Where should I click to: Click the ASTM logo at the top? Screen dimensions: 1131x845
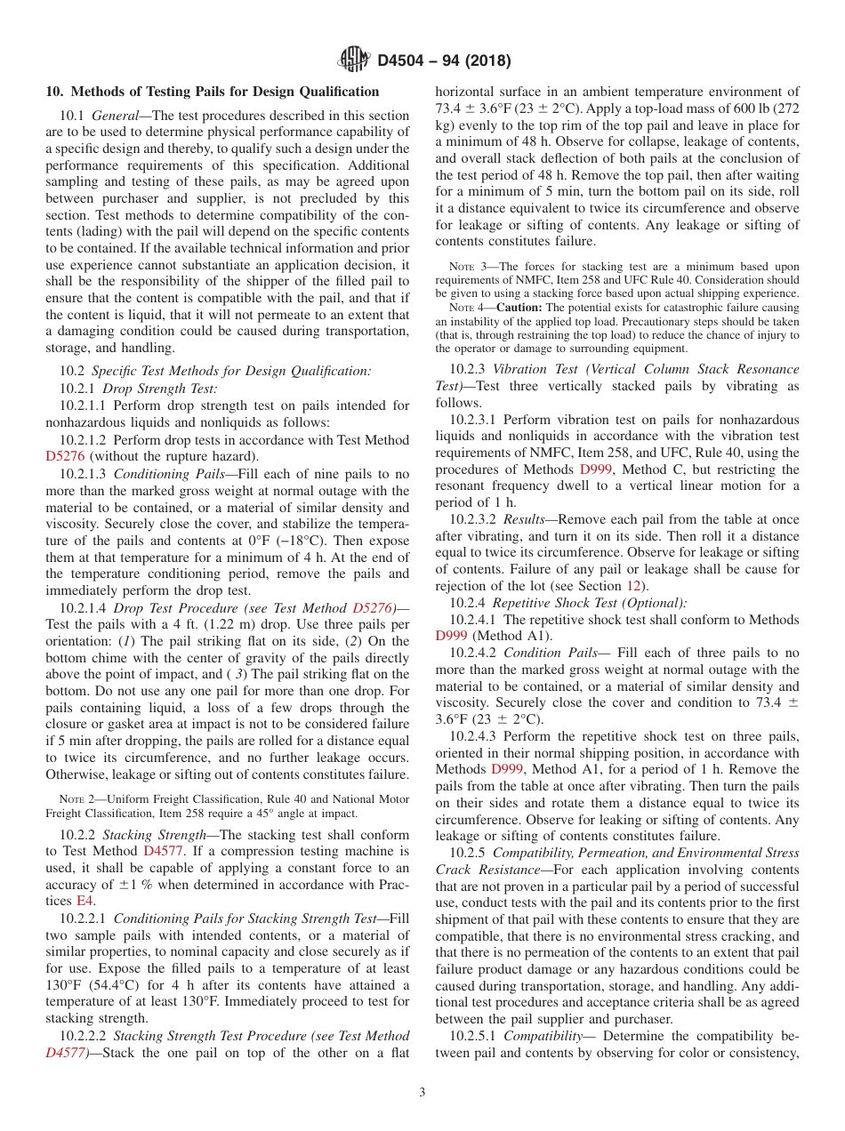(354, 60)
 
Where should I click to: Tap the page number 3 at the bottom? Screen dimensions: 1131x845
(422, 1092)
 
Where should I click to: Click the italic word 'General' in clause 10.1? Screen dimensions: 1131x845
(117, 116)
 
